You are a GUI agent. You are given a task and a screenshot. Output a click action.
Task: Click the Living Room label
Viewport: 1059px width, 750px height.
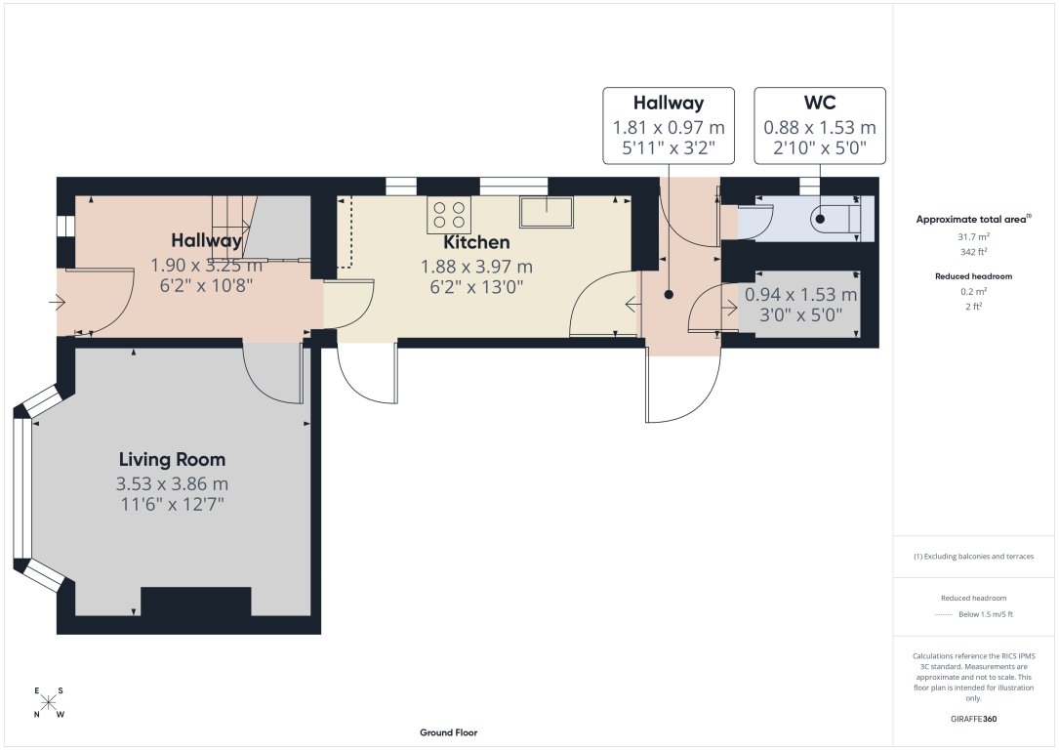click(172, 459)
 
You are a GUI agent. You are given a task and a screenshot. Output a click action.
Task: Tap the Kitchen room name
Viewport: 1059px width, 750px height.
click(476, 242)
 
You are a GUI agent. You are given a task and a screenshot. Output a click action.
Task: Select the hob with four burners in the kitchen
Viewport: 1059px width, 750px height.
click(449, 215)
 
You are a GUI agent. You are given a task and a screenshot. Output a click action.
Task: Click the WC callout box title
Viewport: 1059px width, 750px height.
click(819, 103)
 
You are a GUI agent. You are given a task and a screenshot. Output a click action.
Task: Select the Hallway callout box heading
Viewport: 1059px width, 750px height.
click(669, 103)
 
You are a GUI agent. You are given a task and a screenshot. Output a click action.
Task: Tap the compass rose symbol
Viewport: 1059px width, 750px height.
click(49, 702)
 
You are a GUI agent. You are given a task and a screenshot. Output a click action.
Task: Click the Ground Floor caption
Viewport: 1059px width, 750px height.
click(448, 732)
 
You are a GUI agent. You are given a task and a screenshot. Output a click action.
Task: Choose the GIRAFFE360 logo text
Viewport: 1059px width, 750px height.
click(973, 719)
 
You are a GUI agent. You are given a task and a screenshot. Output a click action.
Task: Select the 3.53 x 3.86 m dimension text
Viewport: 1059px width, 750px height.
click(172, 483)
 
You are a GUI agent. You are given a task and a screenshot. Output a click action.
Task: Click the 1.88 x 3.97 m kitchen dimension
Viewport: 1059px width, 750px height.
click(476, 267)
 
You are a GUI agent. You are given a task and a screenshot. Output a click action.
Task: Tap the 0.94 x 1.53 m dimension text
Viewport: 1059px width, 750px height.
click(801, 294)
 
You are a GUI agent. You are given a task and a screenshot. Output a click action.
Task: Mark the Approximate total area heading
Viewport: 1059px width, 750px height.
click(973, 220)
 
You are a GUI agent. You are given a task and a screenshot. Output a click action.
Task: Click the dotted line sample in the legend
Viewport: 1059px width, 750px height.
click(942, 614)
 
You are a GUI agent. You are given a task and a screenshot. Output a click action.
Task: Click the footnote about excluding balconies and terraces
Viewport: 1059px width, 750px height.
click(973, 557)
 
